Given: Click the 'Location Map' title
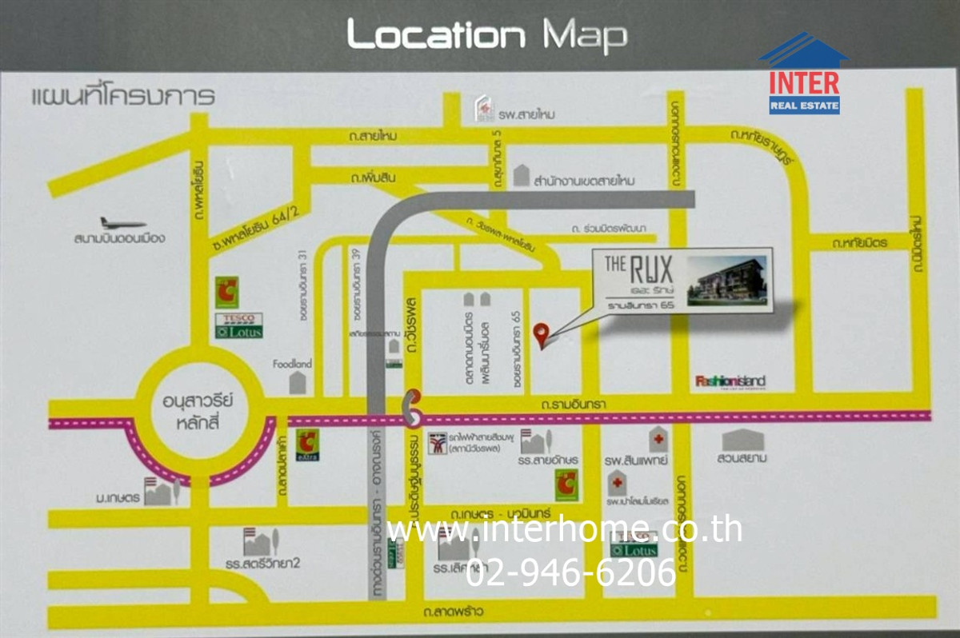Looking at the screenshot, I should click(x=486, y=35).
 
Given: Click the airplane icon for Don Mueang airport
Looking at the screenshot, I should click(x=122, y=223).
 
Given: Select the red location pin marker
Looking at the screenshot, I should click(x=542, y=335).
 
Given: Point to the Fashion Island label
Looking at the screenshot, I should click(x=730, y=381).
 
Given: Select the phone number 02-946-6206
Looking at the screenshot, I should click(x=571, y=572).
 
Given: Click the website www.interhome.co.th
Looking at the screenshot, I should click(x=563, y=529).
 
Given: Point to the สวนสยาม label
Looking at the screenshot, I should click(x=744, y=459).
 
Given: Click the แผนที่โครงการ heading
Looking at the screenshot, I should click(x=123, y=98).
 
